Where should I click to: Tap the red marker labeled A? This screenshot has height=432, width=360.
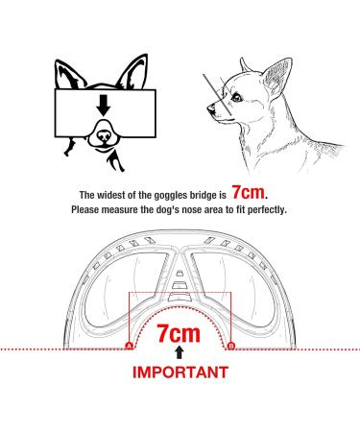coord(130,346)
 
